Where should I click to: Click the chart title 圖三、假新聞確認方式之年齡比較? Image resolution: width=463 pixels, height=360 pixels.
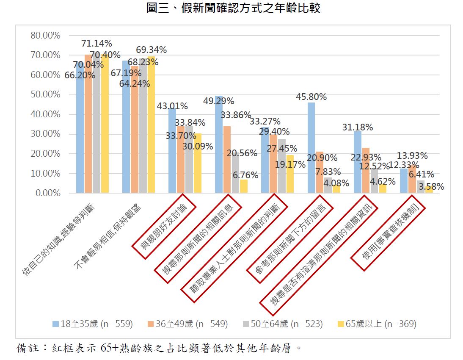pos(233,8)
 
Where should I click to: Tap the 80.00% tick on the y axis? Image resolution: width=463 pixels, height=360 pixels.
pos(45,36)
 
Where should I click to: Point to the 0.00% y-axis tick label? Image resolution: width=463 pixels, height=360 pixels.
pos(47,193)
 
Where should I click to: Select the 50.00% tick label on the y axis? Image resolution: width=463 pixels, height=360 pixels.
pos(45,94)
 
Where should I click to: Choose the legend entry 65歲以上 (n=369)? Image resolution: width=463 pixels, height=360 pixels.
pos(376,324)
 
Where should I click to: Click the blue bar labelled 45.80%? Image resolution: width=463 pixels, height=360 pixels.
pos(311,148)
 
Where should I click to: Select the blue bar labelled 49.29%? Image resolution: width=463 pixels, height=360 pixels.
pos(219,144)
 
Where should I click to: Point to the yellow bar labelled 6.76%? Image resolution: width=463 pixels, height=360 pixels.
pos(243,186)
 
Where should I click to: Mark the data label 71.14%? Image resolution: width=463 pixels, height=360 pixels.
pos(96,43)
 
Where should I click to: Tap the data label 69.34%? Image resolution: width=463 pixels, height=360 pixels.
pos(151,50)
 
